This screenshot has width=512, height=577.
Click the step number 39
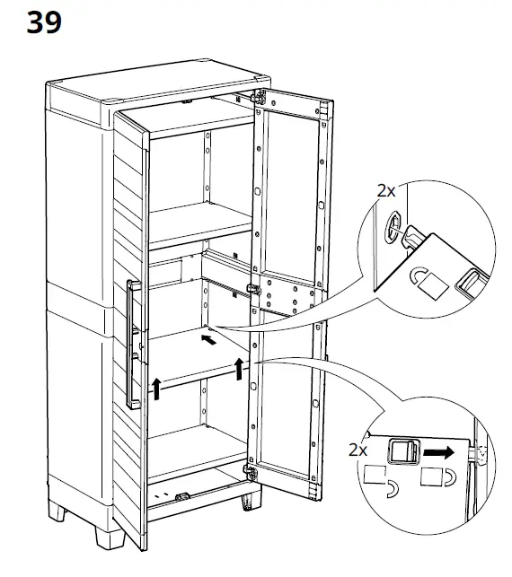(44, 22)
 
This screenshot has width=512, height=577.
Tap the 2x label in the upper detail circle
(386, 191)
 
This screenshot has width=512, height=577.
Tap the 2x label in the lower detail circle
(358, 450)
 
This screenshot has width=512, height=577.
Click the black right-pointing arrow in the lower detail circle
(438, 452)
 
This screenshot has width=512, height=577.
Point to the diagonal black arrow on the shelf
(209, 340)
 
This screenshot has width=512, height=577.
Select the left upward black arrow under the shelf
(157, 389)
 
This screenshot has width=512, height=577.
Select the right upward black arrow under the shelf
(240, 368)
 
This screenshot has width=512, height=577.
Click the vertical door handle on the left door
(133, 345)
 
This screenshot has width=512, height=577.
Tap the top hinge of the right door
(259, 97)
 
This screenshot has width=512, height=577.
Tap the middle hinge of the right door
(254, 289)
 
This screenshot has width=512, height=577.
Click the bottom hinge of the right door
(251, 472)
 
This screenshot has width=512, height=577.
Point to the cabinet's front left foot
(110, 538)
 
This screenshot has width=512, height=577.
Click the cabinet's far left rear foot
(57, 511)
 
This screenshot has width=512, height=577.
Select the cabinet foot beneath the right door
(252, 502)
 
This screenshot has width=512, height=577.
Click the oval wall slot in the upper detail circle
(393, 225)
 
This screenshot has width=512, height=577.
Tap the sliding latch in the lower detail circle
(404, 451)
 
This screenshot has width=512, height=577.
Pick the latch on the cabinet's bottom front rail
(182, 497)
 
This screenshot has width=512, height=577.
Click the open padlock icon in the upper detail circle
(428, 283)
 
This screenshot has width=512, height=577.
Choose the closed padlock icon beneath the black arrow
(438, 476)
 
